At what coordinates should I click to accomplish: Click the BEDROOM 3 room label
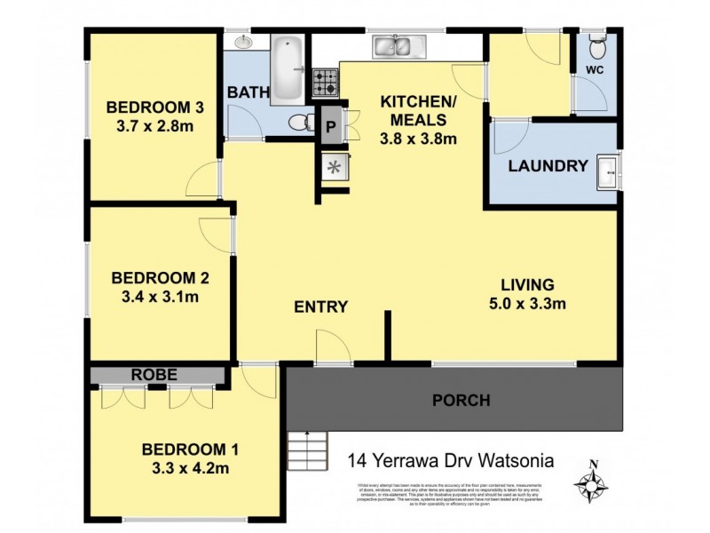[155, 107]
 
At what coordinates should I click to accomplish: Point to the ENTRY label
[320, 306]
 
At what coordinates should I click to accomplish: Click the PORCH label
[461, 400]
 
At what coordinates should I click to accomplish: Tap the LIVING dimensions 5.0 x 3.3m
[527, 304]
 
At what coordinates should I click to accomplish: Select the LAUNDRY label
[548, 165]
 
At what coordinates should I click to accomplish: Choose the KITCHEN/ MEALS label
[418, 111]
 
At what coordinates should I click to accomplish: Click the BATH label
[243, 91]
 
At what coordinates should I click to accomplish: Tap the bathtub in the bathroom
[287, 69]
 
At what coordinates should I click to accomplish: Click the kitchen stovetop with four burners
[326, 82]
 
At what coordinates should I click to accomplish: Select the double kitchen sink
[399, 44]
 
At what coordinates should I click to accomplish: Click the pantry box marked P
[330, 124]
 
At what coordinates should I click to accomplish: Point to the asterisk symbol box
[334, 167]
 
